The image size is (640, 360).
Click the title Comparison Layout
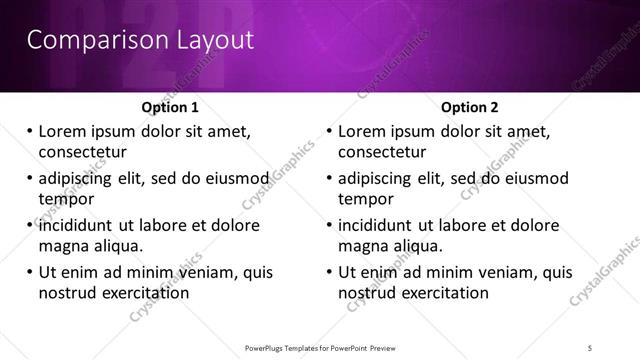pos(140,41)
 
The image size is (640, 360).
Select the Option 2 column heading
pos(470,107)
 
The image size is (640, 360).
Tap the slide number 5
pos(592,348)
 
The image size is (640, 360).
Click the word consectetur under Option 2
pos(382,152)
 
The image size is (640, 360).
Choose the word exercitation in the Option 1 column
pos(143,293)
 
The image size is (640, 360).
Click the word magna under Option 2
pos(362,246)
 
